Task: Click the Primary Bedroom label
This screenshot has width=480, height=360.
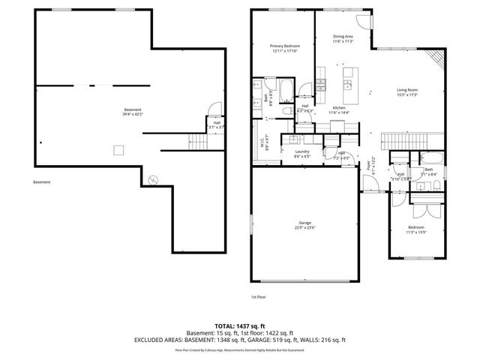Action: [284, 49]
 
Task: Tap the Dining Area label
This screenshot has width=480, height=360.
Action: [343, 38]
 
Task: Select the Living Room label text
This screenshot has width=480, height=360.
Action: [407, 93]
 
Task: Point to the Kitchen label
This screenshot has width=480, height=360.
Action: [339, 110]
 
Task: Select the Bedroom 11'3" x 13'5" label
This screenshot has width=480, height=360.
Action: [415, 229]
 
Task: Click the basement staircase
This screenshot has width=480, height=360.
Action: [196, 140]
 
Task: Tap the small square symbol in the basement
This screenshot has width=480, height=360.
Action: [118, 149]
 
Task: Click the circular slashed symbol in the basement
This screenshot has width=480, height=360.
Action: [153, 179]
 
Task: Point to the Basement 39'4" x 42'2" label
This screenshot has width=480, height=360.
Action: [133, 112]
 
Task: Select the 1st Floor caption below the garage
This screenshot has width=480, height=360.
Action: [258, 296]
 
